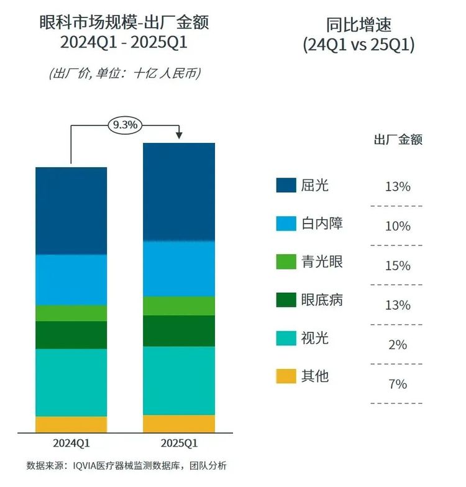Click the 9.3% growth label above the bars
pyautogui.click(x=125, y=125)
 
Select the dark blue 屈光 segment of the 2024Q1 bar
pyautogui.click(x=71, y=211)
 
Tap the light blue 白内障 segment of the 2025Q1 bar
pyautogui.click(x=179, y=268)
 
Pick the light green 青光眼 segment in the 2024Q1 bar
pyautogui.click(x=71, y=313)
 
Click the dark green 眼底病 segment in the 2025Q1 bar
pyautogui.click(x=179, y=330)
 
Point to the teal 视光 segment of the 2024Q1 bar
pyautogui.click(x=71, y=382)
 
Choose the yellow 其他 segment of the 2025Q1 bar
pyautogui.click(x=179, y=423)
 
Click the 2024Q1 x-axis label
pyautogui.click(x=71, y=444)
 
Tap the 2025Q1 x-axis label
pyautogui.click(x=179, y=444)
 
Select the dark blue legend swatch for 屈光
pyautogui.click(x=286, y=185)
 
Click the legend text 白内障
pyautogui.click(x=321, y=224)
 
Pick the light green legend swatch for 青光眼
pyautogui.click(x=286, y=262)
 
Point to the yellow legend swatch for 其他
pyautogui.click(x=286, y=376)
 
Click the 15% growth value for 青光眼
pyautogui.click(x=397, y=266)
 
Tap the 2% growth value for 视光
pyautogui.click(x=397, y=345)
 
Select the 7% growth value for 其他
pyautogui.click(x=397, y=385)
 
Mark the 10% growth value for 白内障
pyautogui.click(x=397, y=226)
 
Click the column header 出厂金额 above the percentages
pyautogui.click(x=398, y=140)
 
